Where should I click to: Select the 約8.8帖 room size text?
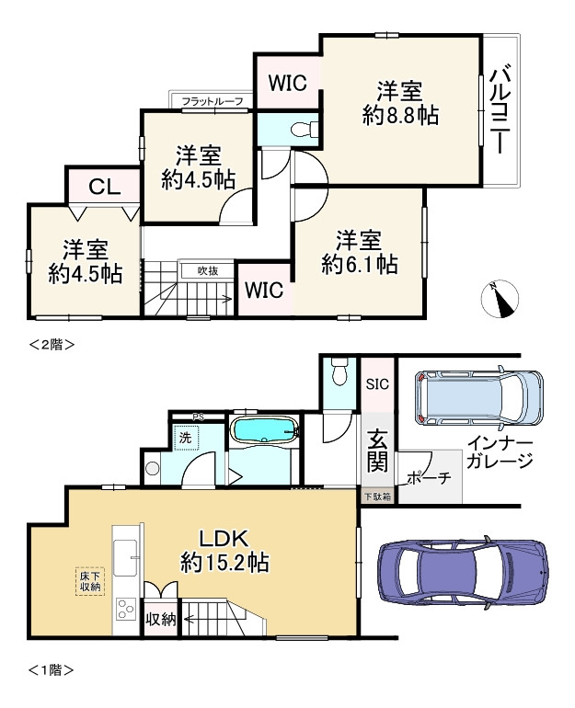tap(399, 115)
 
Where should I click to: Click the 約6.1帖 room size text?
tap(359, 265)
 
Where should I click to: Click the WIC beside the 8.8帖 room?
tap(286, 82)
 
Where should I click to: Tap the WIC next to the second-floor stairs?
tap(264, 291)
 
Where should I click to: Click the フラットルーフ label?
tap(213, 101)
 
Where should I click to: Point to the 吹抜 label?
tap(208, 270)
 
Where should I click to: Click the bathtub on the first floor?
tap(264, 430)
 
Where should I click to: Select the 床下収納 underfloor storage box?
tap(90, 581)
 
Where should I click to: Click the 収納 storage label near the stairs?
tap(160, 619)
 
